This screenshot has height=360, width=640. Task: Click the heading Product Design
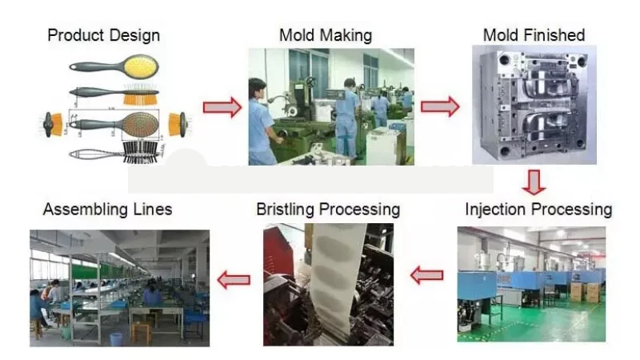tap(104, 35)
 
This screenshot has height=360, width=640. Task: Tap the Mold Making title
tap(326, 35)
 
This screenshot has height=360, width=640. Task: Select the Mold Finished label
tap(534, 35)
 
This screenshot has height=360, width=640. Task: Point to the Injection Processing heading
tap(538, 210)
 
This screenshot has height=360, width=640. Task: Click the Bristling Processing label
tap(328, 210)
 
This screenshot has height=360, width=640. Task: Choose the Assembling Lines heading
tap(107, 210)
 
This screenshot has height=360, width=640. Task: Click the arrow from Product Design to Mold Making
tap(222, 106)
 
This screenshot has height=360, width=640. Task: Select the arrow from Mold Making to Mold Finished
tap(440, 106)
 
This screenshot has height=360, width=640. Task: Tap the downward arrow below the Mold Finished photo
tap(534, 182)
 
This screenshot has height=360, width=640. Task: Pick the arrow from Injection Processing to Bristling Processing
tap(426, 276)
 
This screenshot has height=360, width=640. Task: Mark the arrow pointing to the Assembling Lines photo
tap(234, 279)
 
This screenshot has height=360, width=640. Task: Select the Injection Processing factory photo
tap(531, 284)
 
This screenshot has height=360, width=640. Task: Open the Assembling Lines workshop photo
tap(120, 288)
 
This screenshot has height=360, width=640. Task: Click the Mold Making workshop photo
tap(330, 106)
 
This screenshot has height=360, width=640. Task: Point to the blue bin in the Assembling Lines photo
tap(117, 338)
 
